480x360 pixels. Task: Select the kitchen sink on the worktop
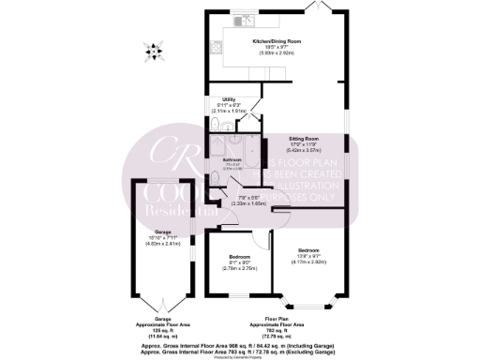242,18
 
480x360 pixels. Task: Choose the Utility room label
228,98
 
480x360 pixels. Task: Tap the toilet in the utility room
215,126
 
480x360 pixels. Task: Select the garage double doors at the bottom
164,287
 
